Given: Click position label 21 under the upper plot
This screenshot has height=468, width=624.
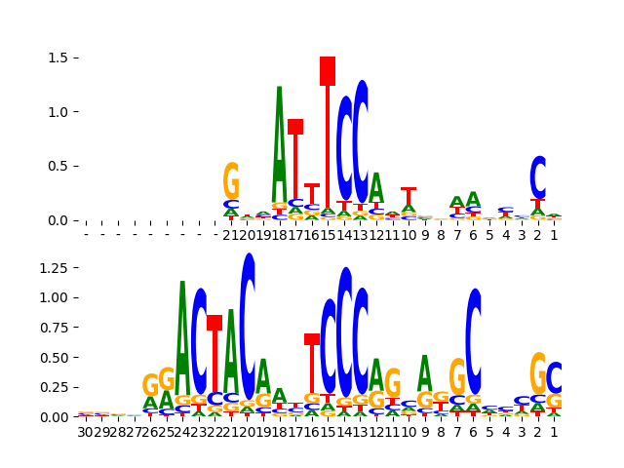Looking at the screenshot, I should (x=231, y=235).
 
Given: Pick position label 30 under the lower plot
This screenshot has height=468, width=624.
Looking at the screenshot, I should (x=86, y=432).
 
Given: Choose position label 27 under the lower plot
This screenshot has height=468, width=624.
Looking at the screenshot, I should (x=134, y=432).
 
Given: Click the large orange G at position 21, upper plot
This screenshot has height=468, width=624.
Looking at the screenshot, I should (x=231, y=181).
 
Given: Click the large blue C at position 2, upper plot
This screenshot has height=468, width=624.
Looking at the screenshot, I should (x=538, y=177).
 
